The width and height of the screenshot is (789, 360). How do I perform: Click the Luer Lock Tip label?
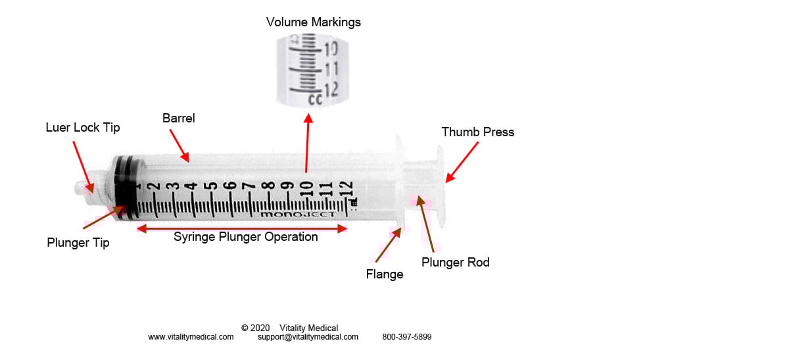pyautogui.click(x=83, y=128)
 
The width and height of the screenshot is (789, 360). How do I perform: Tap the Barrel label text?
pyautogui.click(x=179, y=118)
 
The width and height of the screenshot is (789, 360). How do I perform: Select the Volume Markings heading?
pyautogui.click(x=314, y=22)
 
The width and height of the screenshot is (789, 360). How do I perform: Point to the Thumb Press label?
pyautogui.click(x=478, y=132)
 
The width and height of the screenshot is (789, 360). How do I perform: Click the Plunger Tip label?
pyautogui.click(x=78, y=243)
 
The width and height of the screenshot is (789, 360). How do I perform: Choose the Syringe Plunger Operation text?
pyautogui.click(x=245, y=237)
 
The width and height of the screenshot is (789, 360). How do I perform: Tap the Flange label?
pyautogui.click(x=385, y=274)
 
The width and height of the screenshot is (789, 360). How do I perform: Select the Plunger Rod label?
pyautogui.click(x=456, y=263)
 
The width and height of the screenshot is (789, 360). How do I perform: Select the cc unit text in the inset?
pyautogui.click(x=315, y=99)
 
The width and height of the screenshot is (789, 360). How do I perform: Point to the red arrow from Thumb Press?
pyautogui.click(x=462, y=162)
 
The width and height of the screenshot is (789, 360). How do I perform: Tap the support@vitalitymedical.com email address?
pyautogui.click(x=308, y=337)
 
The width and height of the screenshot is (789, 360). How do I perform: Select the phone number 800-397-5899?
pyautogui.click(x=407, y=337)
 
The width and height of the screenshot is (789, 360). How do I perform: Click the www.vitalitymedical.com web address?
pyautogui.click(x=191, y=337)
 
